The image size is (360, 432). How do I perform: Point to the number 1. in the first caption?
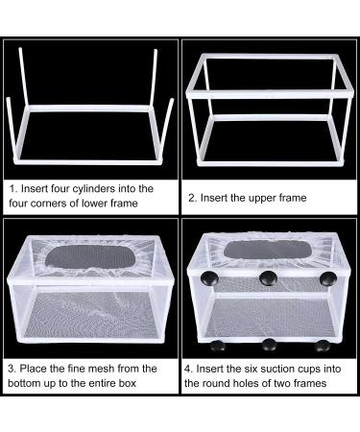point(12,189)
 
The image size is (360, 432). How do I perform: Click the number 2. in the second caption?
point(193,198)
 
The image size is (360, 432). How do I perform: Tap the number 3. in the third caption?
point(12,369)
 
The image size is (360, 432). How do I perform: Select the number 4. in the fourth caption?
point(189,369)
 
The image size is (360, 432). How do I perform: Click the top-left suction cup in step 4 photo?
point(209,278)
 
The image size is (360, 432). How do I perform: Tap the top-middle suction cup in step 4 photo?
point(268,278)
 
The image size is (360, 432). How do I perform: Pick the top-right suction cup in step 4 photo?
point(328,278)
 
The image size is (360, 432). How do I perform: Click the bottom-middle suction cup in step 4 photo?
point(269,345)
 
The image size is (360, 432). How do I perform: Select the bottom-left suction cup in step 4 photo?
point(217,346)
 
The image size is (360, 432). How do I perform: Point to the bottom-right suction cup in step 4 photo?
point(322,346)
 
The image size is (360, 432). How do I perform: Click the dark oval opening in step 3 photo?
point(89,256)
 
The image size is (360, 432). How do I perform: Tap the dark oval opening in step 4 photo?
point(268,250)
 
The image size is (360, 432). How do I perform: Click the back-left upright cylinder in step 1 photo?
point(24,77)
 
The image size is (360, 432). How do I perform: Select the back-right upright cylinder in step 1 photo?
point(154,78)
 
